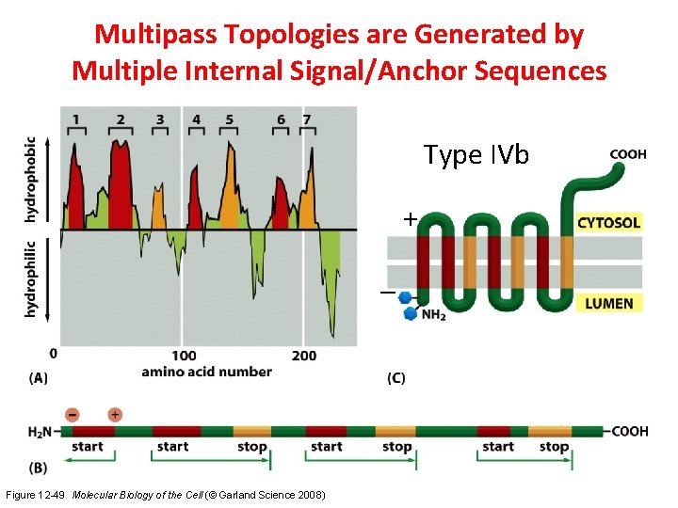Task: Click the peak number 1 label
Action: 76,119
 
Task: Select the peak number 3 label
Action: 160,119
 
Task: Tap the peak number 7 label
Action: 306,119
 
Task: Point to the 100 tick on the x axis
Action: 185,355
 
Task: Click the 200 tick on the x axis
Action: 305,355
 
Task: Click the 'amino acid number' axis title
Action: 206,372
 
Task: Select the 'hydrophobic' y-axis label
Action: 31,180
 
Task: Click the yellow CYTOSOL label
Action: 608,223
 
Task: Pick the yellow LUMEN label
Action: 608,303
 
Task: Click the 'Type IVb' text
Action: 476,154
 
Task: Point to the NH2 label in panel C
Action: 434,314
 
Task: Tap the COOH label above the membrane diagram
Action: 627,154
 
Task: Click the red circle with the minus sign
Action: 72,414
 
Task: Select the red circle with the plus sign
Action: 115,414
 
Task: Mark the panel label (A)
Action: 39,378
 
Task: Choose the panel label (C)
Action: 396,378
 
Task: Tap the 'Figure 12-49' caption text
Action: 36,495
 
